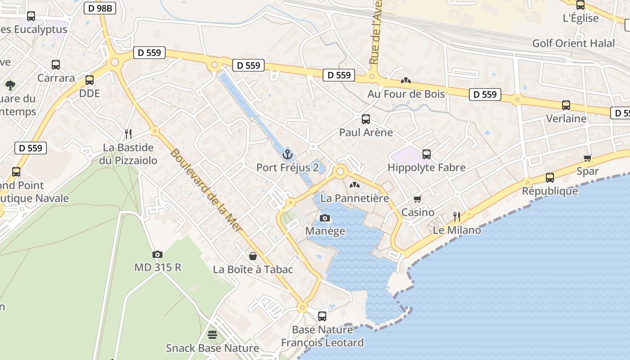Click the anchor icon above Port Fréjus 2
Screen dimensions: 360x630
point(287,155)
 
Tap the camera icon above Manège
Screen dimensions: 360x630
point(324,218)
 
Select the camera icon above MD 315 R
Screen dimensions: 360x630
point(157,254)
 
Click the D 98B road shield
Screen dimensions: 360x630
point(99,8)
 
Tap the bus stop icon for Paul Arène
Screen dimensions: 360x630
point(366,119)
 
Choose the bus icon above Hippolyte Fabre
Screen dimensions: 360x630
point(427,154)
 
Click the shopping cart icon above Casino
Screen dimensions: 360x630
point(418,199)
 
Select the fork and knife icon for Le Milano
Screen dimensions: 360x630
point(457,217)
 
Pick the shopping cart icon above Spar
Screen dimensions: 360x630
point(587,158)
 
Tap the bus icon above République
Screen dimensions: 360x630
point(549,177)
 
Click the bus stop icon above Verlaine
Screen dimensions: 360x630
point(566,105)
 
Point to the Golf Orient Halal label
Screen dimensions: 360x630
point(573,43)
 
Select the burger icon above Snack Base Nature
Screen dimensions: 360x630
point(212,335)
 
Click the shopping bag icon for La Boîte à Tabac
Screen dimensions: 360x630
point(253,256)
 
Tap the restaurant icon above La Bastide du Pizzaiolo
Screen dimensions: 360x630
point(128,134)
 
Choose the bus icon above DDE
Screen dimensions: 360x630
point(90,80)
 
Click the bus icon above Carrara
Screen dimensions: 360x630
point(56,65)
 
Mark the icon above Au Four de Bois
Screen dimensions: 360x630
point(405,81)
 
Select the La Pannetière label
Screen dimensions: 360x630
point(355,198)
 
